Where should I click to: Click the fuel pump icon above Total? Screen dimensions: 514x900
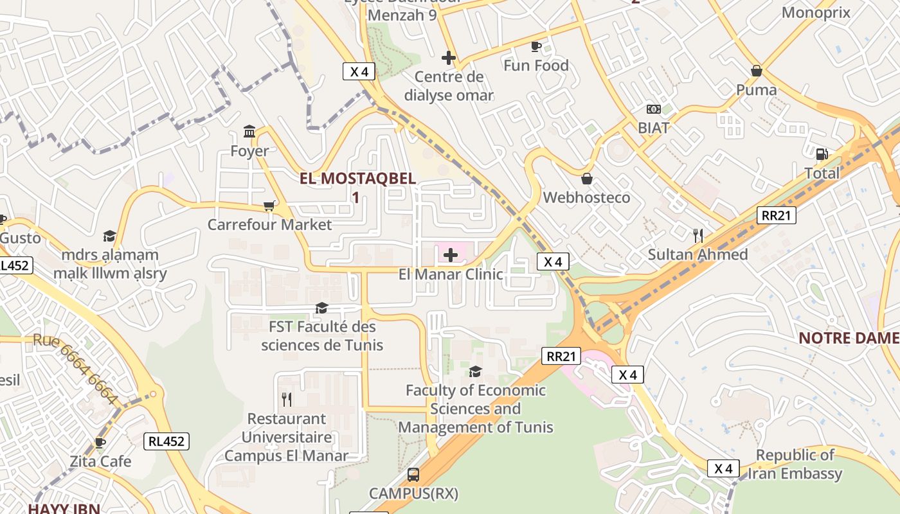tap(821, 154)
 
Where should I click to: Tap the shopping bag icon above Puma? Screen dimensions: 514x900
tap(757, 71)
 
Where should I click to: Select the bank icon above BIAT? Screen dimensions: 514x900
tap(653, 109)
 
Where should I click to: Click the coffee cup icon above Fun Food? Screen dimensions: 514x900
tap(535, 46)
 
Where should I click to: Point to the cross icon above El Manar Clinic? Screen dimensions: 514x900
tap(451, 255)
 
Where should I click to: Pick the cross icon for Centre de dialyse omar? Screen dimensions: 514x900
tap(449, 58)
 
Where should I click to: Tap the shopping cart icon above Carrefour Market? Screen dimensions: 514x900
tap(269, 206)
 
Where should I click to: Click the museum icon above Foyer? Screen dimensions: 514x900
tap(249, 132)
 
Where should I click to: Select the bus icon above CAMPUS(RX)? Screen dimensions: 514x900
tap(413, 475)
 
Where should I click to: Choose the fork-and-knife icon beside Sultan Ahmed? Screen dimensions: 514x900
tap(698, 236)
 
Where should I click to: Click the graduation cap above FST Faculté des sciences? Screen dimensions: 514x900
tap(321, 308)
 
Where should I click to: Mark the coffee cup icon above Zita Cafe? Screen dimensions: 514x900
tap(100, 443)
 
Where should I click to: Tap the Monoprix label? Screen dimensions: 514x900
tap(816, 12)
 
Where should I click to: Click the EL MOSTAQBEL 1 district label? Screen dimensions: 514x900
tap(357, 187)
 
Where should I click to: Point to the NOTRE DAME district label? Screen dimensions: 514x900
tap(849, 338)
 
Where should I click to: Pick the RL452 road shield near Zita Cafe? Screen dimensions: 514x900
tap(166, 441)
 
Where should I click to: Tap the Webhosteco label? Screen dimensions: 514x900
tap(586, 197)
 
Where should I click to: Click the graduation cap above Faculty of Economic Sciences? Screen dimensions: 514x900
tap(475, 371)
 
